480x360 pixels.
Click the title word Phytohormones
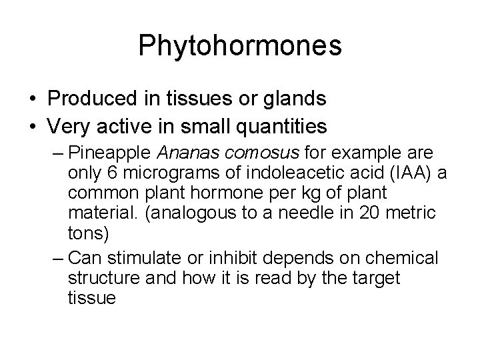[240, 46]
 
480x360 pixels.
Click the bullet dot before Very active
[33, 126]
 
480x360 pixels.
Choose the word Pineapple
[109, 153]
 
